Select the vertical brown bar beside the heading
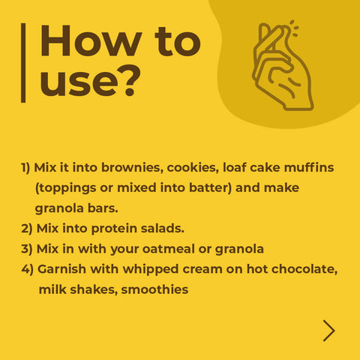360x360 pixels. pyautogui.click(x=23, y=63)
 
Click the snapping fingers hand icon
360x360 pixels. pyautogui.click(x=283, y=66)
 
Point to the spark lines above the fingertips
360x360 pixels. pyautogui.click(x=294, y=28)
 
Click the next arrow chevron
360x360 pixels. pyautogui.click(x=329, y=331)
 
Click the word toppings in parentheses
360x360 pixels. pyautogui.click(x=66, y=188)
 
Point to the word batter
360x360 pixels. pyautogui.click(x=211, y=187)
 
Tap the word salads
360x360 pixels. pyautogui.click(x=163, y=228)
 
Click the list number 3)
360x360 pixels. pyautogui.click(x=27, y=249)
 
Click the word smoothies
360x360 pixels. pyautogui.click(x=154, y=289)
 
